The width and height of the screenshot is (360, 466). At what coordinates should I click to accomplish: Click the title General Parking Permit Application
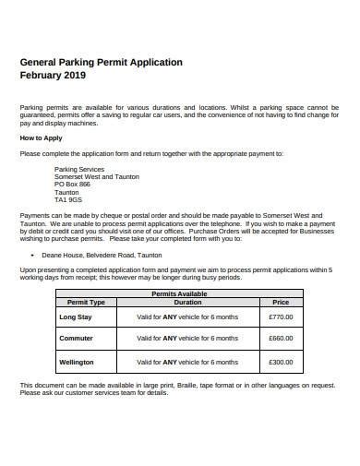(x=102, y=62)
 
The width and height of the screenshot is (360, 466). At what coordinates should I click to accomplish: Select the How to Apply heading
(x=41, y=137)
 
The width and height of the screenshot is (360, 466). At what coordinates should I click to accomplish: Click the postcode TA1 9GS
(x=68, y=199)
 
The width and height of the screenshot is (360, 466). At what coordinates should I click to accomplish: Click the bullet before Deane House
(x=33, y=252)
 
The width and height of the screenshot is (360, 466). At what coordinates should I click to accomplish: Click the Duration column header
(x=187, y=302)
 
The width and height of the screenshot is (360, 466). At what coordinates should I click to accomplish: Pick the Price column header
(x=281, y=302)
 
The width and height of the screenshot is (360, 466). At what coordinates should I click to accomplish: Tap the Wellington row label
(x=78, y=362)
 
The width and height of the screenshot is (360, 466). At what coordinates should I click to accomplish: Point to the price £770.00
(x=281, y=317)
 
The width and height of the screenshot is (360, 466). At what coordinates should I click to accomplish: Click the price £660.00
(x=281, y=339)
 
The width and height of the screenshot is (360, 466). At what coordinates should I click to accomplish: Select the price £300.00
(x=281, y=362)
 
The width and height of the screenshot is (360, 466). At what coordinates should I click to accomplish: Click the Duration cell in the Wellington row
(x=187, y=362)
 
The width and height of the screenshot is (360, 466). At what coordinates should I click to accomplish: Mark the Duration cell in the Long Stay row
(x=187, y=317)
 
